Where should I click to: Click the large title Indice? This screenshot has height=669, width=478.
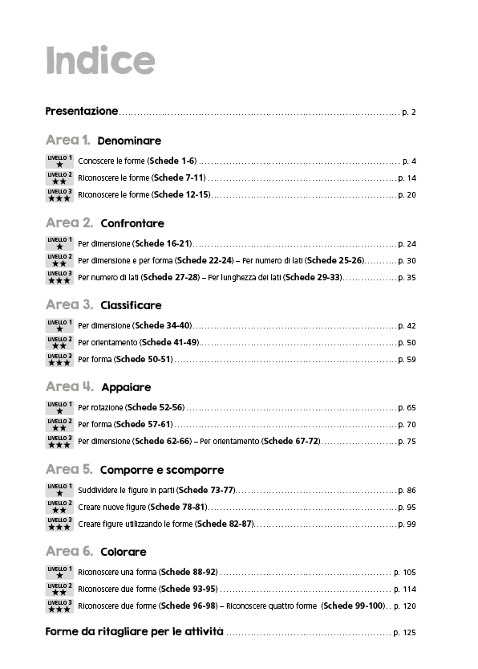(x=99, y=60)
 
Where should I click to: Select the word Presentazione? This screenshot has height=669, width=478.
(x=82, y=111)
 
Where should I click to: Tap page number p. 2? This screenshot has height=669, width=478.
(x=408, y=112)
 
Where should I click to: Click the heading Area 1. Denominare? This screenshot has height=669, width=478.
(x=103, y=141)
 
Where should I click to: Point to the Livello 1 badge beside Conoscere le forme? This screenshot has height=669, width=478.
(x=59, y=161)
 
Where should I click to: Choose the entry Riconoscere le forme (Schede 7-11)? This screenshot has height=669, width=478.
(x=142, y=177)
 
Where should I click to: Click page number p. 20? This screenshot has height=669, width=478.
(x=407, y=195)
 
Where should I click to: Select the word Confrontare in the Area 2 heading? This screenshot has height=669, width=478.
(x=132, y=223)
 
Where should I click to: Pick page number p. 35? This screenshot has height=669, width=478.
(x=407, y=278)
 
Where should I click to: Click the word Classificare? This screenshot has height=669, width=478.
(x=131, y=305)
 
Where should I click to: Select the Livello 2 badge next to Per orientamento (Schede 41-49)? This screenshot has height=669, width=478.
(x=59, y=343)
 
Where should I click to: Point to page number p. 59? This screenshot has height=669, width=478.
(x=407, y=360)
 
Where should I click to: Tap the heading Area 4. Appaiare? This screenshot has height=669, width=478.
(x=98, y=388)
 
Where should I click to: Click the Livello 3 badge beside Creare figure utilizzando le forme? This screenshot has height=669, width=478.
(x=59, y=524)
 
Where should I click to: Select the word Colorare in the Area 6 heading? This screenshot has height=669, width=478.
(x=124, y=553)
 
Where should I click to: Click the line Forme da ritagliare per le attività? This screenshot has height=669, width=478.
(x=135, y=633)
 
